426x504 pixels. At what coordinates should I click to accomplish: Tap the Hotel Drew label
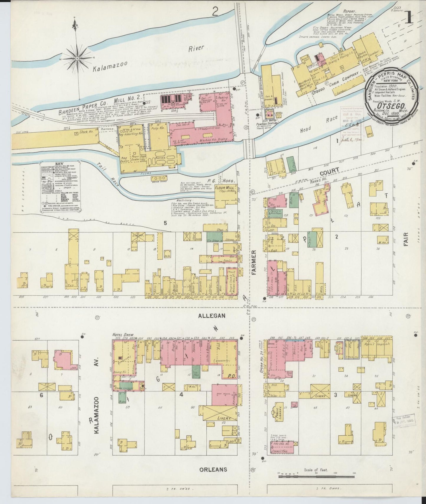pyautogui.click(x=123, y=335)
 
